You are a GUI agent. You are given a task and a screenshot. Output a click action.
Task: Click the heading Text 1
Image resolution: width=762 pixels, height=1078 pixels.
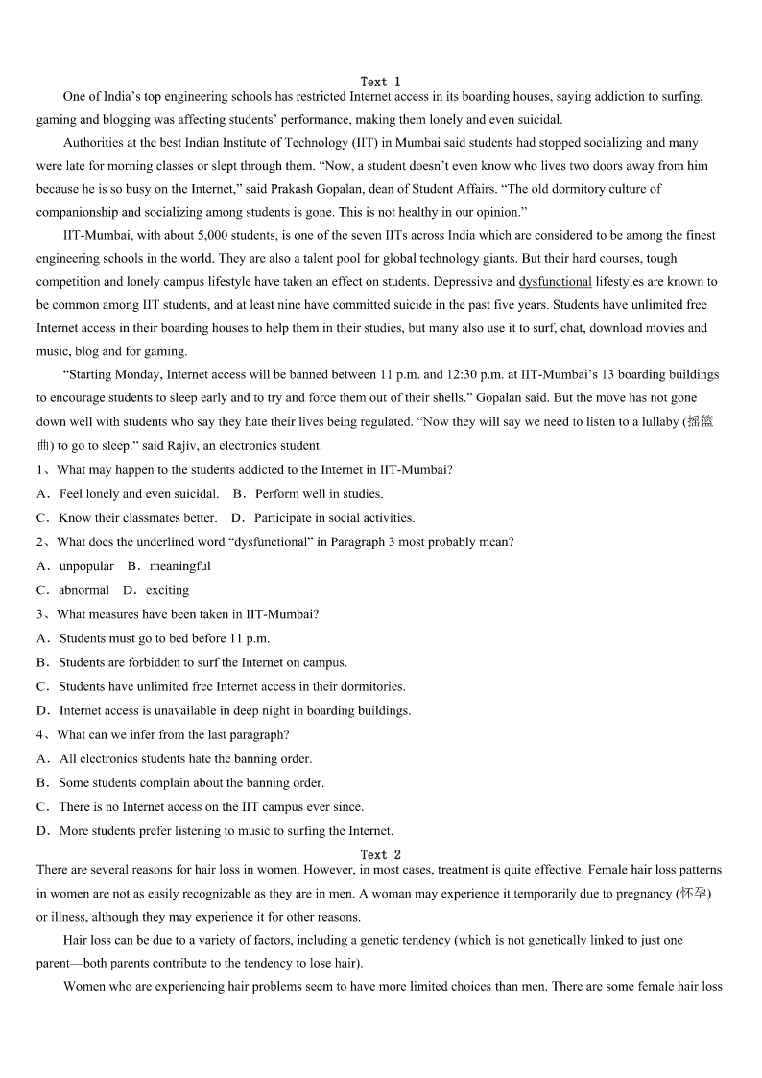(x=380, y=82)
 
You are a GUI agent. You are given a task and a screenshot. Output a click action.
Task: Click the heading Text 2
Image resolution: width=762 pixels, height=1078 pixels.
(x=380, y=854)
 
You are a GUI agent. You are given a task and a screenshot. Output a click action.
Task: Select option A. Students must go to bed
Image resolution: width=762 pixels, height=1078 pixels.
(x=154, y=638)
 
